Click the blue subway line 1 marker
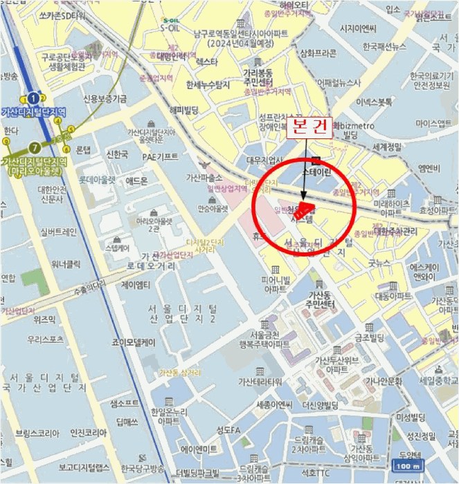click(x=32, y=98)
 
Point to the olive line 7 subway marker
click(x=34, y=147)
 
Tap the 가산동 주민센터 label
click(x=318, y=299)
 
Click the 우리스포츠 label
click(x=47, y=339)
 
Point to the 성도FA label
click(x=226, y=431)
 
